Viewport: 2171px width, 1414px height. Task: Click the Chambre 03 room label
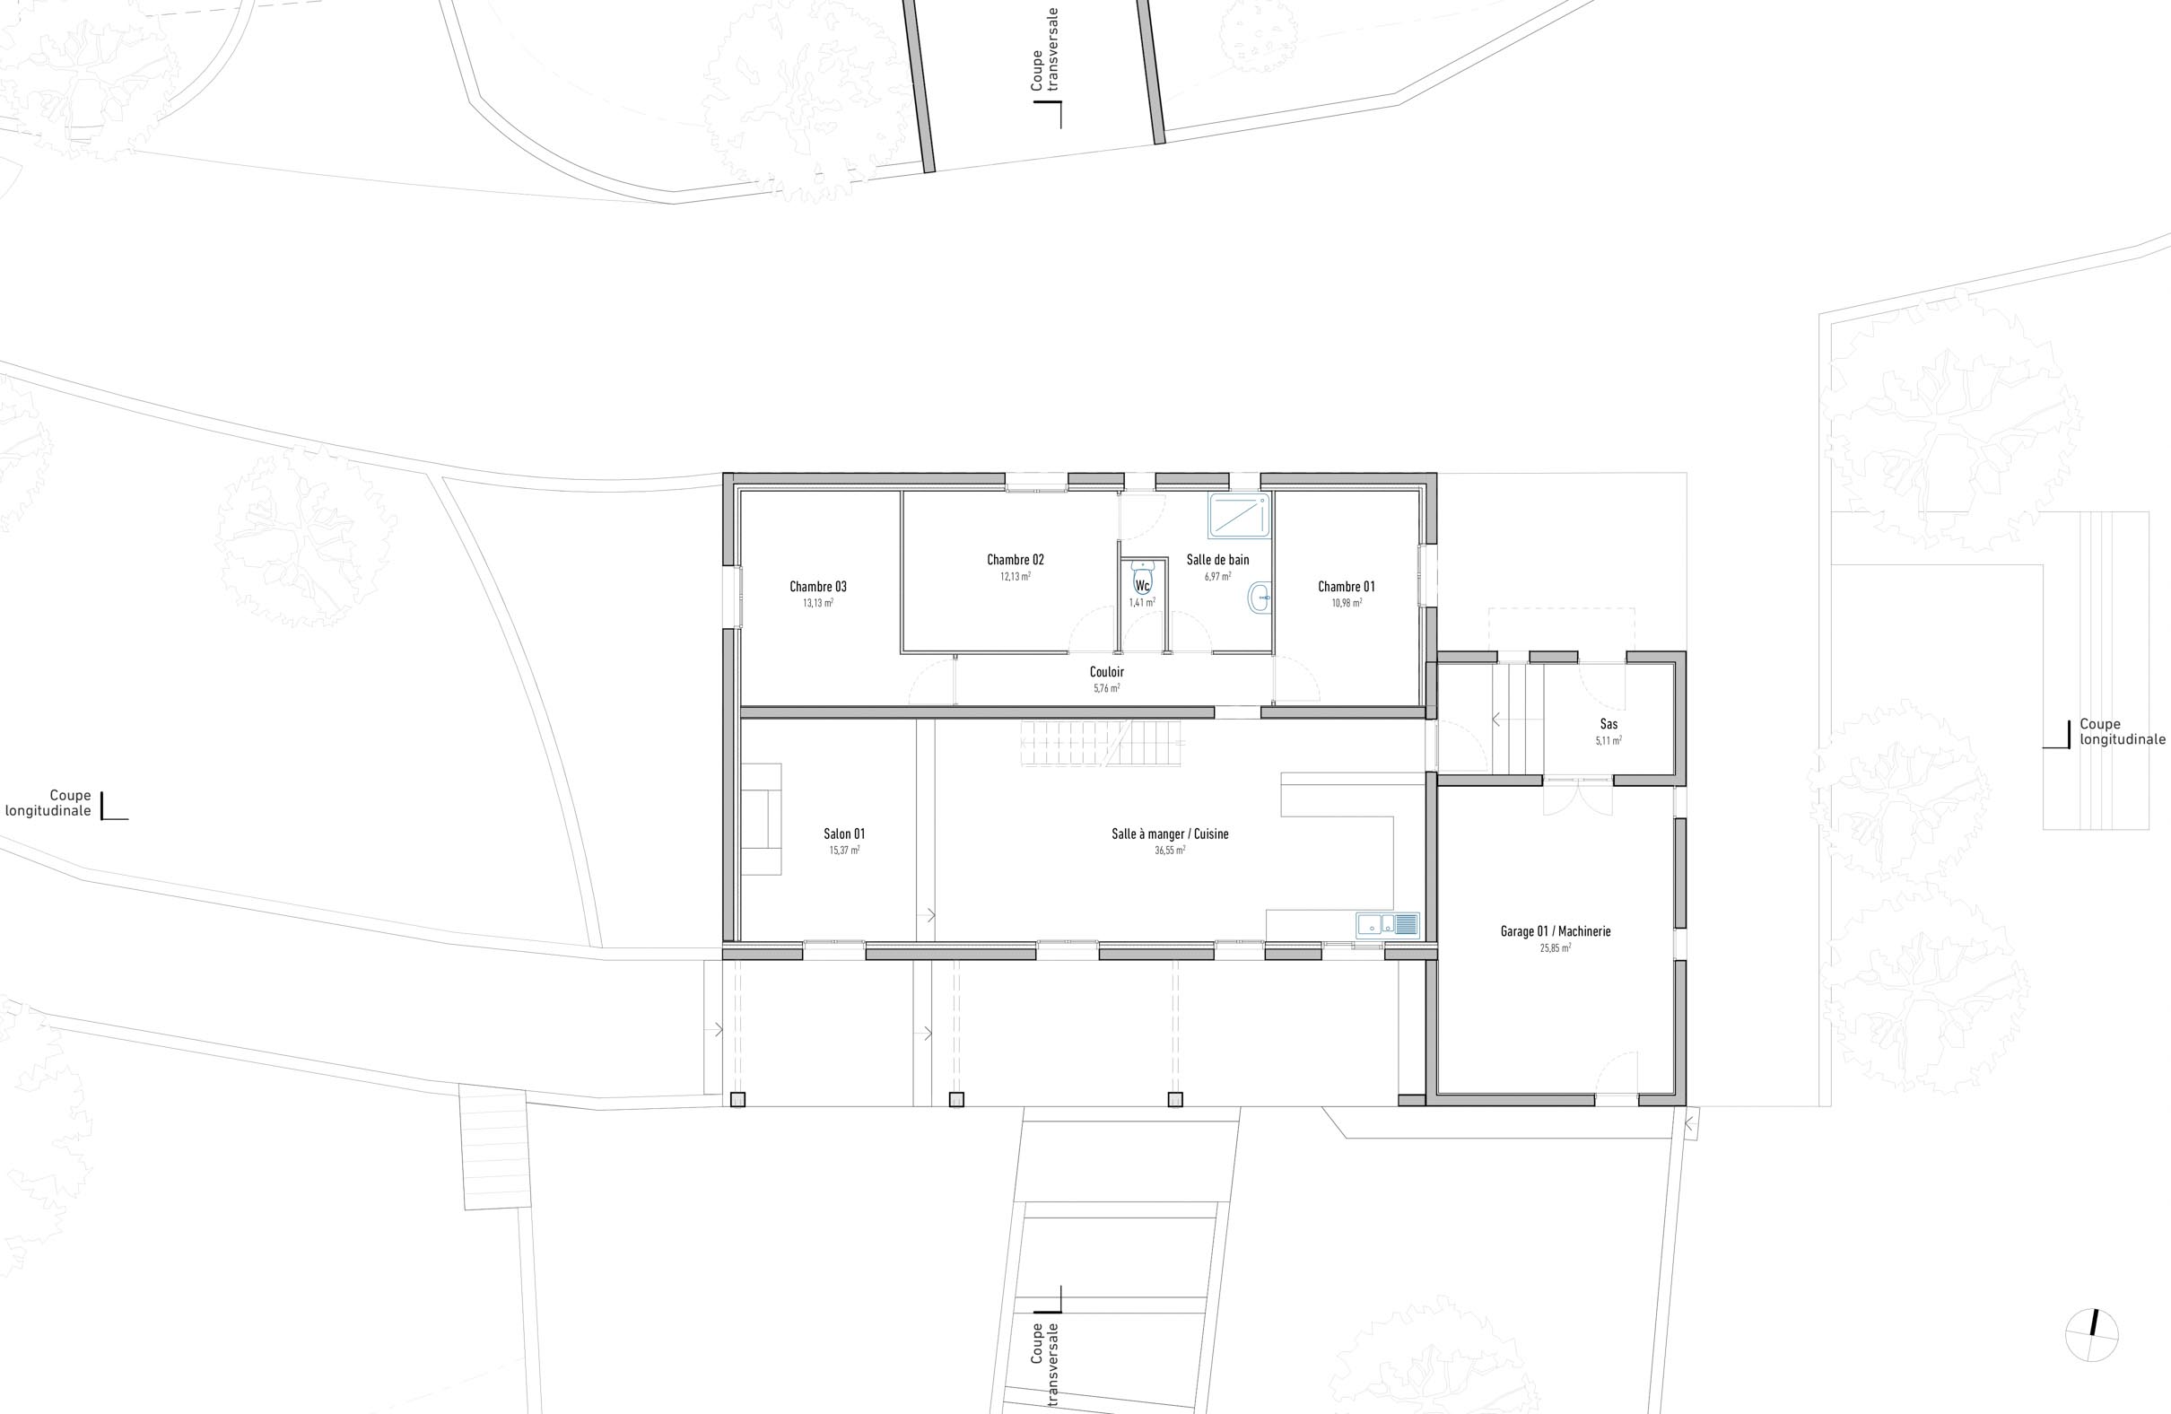pyautogui.click(x=818, y=587)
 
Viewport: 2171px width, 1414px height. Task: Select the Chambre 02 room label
pyautogui.click(x=1016, y=560)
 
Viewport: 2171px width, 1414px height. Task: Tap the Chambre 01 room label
pyautogui.click(x=1347, y=587)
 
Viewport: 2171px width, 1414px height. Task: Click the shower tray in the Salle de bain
pyautogui.click(x=1239, y=515)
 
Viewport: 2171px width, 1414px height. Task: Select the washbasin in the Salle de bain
pyautogui.click(x=1259, y=598)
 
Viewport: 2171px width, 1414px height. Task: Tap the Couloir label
pyautogui.click(x=1106, y=672)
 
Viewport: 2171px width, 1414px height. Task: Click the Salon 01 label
pyautogui.click(x=844, y=834)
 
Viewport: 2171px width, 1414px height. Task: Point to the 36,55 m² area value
pyautogui.click(x=1170, y=851)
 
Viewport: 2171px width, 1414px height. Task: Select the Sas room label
pyautogui.click(x=1609, y=724)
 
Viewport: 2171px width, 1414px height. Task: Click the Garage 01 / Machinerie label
pyautogui.click(x=1556, y=931)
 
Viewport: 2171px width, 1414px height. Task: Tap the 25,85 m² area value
pyautogui.click(x=1556, y=947)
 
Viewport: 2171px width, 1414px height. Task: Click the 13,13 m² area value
pyautogui.click(x=818, y=603)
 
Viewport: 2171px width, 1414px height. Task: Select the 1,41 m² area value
pyautogui.click(x=1142, y=603)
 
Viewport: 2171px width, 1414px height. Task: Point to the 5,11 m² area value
pyautogui.click(x=1609, y=741)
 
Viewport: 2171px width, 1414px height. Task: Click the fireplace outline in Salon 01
pyautogui.click(x=762, y=819)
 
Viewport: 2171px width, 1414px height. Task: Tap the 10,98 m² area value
pyautogui.click(x=1347, y=603)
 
